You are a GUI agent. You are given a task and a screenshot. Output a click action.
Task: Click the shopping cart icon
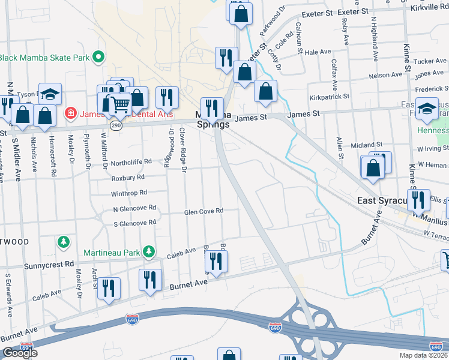pyautogui.click(x=121, y=104)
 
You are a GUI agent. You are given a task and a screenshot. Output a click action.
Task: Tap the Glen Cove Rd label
pyautogui.click(x=203, y=211)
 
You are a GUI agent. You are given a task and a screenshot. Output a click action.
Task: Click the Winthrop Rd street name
pyautogui.click(x=129, y=193)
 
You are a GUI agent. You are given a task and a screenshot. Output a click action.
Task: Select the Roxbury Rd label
pyautogui.click(x=128, y=178)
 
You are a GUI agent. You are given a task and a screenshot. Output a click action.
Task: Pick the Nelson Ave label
pyautogui.click(x=385, y=76)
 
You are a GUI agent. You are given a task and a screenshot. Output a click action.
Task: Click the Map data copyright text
pyautogui.click(x=423, y=355)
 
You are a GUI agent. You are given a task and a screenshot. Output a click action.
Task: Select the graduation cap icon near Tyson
pyautogui.click(x=50, y=93)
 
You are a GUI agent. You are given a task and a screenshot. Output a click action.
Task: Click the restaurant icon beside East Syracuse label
pyautogui.click(x=418, y=199)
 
